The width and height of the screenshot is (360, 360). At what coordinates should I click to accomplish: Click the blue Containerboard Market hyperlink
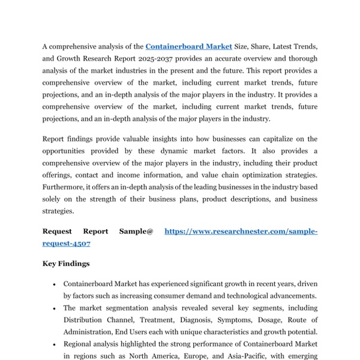tap(188, 46)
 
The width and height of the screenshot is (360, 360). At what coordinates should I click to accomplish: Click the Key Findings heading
tap(66, 263)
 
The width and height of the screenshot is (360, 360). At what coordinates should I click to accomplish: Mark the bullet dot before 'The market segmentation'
tap(55, 308)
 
